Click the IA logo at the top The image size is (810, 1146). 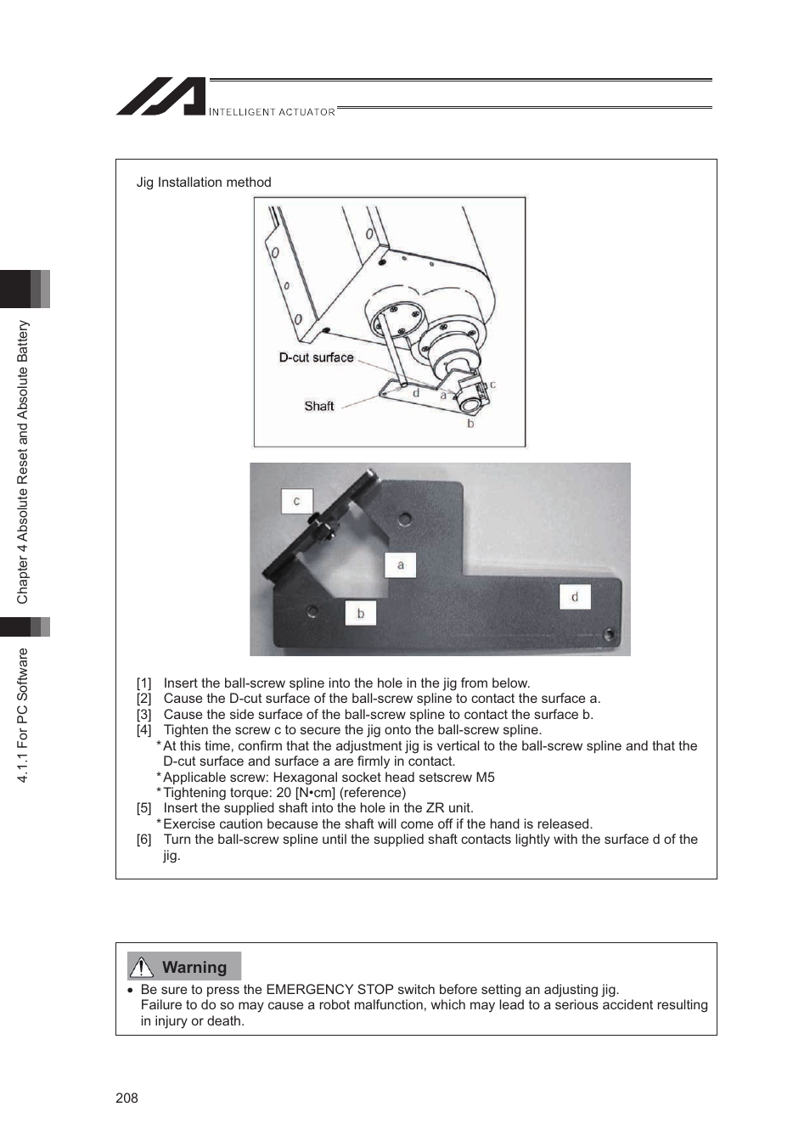[x=161, y=97]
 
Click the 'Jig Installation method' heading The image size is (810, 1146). [x=204, y=183]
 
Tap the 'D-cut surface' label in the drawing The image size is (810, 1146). [x=316, y=358]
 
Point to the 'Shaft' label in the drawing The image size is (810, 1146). [x=319, y=407]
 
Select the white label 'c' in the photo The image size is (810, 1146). [x=296, y=501]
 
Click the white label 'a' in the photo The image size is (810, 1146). [x=401, y=565]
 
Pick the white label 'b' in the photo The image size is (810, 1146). [x=360, y=613]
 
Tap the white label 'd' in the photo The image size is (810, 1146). [x=575, y=597]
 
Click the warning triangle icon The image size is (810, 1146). [x=141, y=967]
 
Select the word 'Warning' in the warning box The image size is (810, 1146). [x=194, y=967]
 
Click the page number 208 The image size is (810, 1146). [x=127, y=1098]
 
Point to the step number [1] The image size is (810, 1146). [x=144, y=683]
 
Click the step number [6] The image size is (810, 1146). [x=144, y=840]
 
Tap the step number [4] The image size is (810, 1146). [x=144, y=730]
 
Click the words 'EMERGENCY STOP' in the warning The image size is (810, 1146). [x=329, y=990]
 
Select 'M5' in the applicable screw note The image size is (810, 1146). [x=485, y=778]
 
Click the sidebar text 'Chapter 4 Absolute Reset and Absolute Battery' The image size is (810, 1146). [x=23, y=462]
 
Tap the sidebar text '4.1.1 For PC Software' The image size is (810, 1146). [x=23, y=715]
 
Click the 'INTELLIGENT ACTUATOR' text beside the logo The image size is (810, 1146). [x=272, y=112]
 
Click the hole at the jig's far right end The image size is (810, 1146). [x=609, y=634]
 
